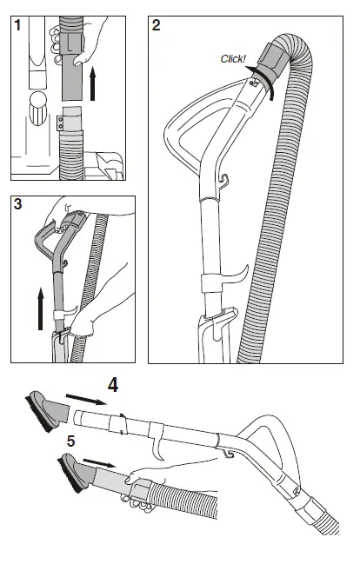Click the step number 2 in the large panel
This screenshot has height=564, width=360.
click(x=157, y=24)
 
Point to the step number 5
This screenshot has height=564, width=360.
click(x=71, y=441)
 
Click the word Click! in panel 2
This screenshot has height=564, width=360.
click(x=232, y=59)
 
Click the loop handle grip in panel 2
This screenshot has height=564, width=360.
click(x=183, y=139)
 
